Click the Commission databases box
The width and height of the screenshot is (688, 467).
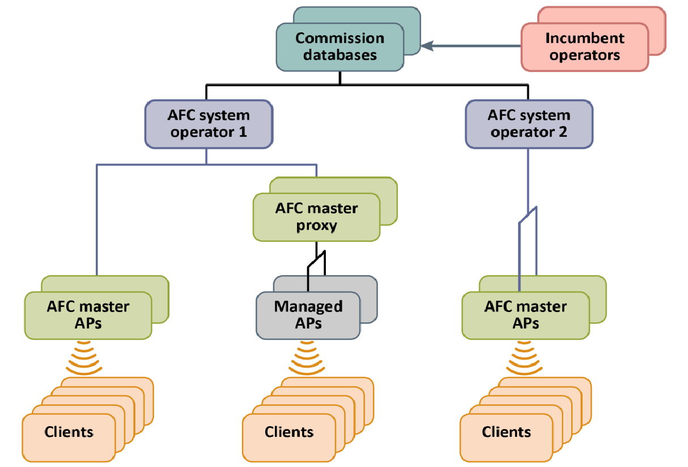click(x=340, y=47)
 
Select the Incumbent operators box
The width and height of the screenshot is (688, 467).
click(x=584, y=47)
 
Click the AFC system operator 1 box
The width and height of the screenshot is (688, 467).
click(x=208, y=124)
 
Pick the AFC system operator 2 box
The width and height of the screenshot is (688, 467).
click(x=529, y=124)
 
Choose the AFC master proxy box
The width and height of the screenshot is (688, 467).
click(x=316, y=217)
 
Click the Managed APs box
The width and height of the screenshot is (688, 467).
click(x=308, y=315)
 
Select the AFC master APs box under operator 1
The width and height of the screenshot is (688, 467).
click(x=88, y=315)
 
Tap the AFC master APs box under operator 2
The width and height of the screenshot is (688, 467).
click(x=525, y=315)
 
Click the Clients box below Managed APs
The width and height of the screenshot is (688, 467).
click(x=289, y=432)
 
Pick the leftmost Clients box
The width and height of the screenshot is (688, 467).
click(x=69, y=432)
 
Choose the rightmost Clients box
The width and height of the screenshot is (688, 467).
click(x=506, y=432)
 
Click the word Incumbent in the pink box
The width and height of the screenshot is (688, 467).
click(x=584, y=39)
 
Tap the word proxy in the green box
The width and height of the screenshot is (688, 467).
click(x=316, y=225)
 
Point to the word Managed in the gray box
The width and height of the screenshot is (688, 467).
click(x=308, y=307)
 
